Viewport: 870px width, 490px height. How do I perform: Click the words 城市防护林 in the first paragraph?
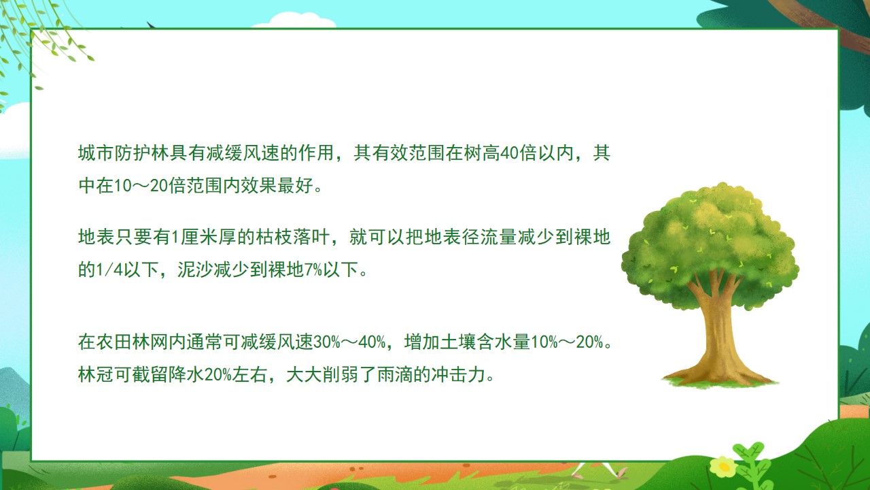point(124,153)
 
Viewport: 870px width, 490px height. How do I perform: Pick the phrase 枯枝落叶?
point(292,237)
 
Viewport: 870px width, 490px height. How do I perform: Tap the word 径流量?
point(489,237)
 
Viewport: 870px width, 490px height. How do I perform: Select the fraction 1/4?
point(109,269)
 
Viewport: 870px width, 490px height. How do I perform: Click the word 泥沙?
point(195,269)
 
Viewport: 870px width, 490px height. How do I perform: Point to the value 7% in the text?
point(313,269)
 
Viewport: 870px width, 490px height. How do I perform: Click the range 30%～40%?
point(349,342)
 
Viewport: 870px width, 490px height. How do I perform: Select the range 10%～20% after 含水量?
point(567,342)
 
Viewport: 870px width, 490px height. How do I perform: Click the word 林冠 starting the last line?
point(96,374)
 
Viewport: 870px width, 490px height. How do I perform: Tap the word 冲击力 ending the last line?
point(458,374)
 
